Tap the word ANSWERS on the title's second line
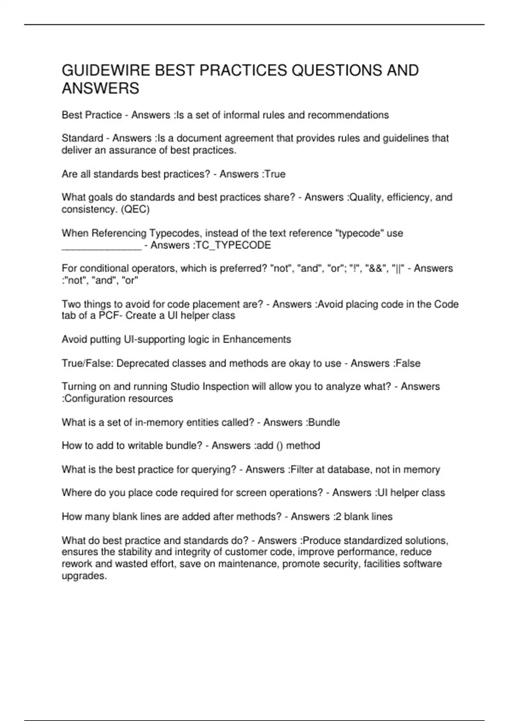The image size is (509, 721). point(101,89)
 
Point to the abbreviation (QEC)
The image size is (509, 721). point(135,209)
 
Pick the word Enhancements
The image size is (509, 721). point(257,339)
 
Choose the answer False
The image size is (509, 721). point(408,363)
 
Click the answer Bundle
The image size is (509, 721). point(324,422)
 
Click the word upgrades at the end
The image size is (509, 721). point(84,576)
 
